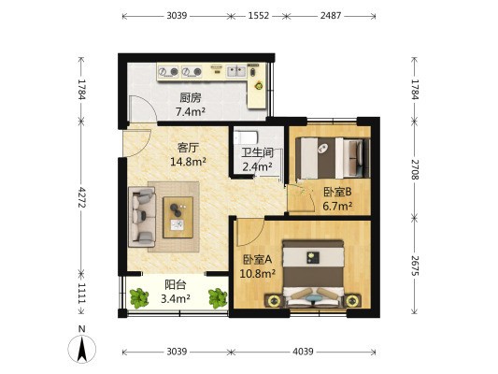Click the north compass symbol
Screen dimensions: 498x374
[82, 346]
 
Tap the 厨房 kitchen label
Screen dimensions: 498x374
[191, 97]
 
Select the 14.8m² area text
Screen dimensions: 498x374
[189, 162]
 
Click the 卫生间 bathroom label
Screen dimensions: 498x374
[257, 152]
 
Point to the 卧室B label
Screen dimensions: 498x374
[337, 192]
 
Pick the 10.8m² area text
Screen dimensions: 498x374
[257, 273]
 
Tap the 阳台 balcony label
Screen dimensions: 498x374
[176, 285]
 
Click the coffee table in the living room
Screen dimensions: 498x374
[178, 217]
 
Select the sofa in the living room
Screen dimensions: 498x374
[142, 217]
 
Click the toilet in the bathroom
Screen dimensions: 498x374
[245, 137]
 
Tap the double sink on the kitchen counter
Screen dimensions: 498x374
[236, 71]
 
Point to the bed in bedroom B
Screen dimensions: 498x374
[333, 158]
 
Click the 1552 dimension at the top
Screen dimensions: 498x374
[259, 16]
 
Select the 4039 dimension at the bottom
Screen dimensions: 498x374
[303, 352]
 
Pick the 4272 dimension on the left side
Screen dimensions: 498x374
[82, 197]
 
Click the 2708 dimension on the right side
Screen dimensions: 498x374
[415, 169]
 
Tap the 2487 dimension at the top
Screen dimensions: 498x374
[331, 16]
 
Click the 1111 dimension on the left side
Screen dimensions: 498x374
[82, 293]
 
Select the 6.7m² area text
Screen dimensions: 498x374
[337, 206]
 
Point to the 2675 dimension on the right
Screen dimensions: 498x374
[415, 266]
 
